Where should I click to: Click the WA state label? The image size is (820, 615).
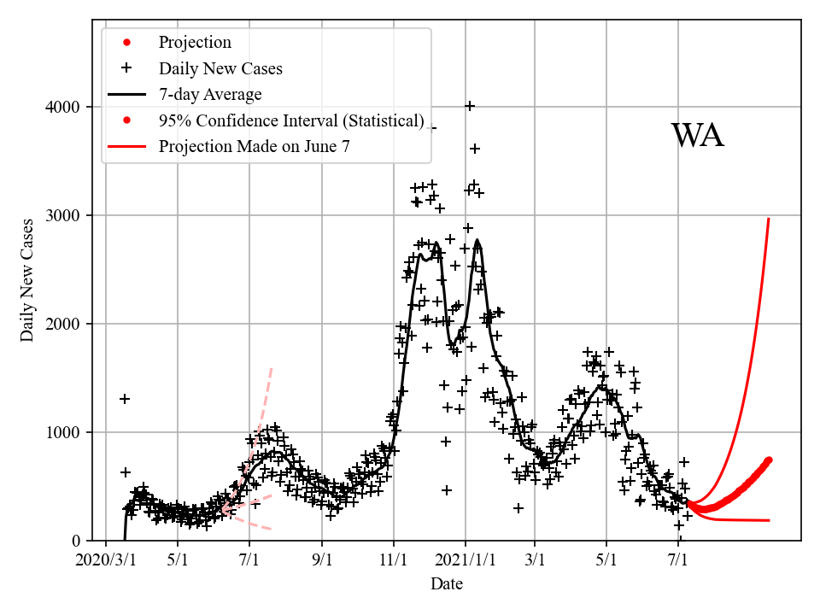pyautogui.click(x=697, y=136)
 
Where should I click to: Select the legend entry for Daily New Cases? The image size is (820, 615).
pyautogui.click(x=220, y=68)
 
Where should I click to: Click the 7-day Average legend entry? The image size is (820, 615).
pyautogui.click(x=210, y=95)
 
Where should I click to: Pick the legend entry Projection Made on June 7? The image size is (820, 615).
pyautogui.click(x=254, y=147)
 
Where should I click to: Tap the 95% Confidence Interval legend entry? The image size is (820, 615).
pyautogui.click(x=291, y=120)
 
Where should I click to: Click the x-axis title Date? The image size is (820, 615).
pyautogui.click(x=447, y=584)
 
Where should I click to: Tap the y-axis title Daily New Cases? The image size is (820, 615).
pyautogui.click(x=28, y=280)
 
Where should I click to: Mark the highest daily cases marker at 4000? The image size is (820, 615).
pyautogui.click(x=470, y=106)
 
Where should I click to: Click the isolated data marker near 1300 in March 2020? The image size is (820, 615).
pyautogui.click(x=125, y=399)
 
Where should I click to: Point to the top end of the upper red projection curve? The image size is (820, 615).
pyautogui.click(x=769, y=219)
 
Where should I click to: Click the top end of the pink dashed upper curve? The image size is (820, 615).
pyautogui.click(x=271, y=368)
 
